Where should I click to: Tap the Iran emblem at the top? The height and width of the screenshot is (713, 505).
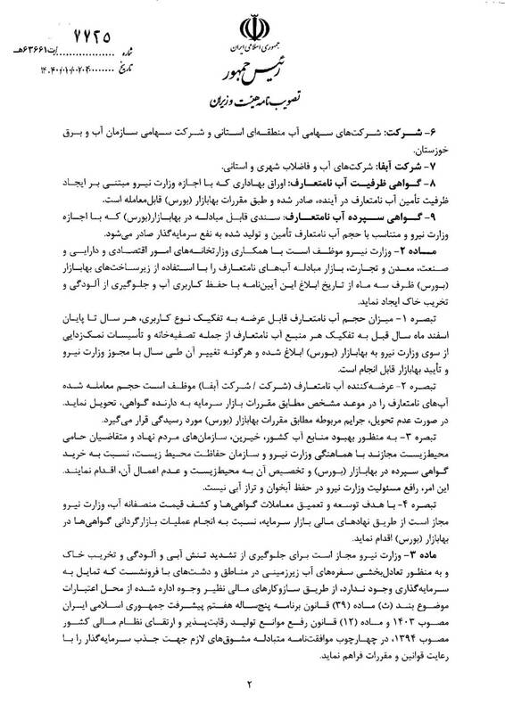click(253, 20)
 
